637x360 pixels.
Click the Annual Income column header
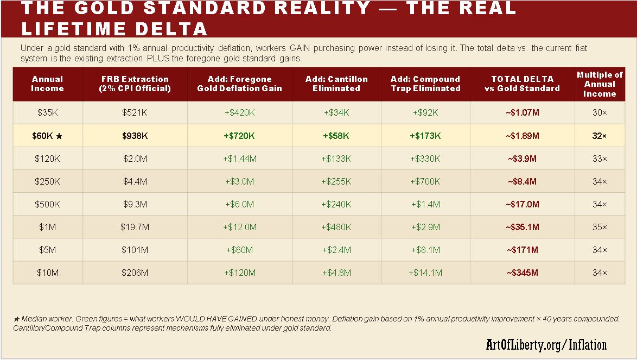click(47, 84)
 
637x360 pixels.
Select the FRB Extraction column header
click(135, 84)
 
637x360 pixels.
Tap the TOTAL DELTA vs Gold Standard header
click(522, 84)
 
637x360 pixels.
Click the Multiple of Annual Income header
click(600, 84)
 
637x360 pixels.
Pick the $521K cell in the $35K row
click(135, 112)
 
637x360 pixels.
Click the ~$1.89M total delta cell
click(522, 136)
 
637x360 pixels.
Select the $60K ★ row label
click(47, 136)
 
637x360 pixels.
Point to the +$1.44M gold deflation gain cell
click(239, 159)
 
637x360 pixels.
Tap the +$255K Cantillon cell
click(336, 181)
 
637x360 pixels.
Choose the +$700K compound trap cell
click(425, 181)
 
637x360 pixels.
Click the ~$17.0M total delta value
click(522, 204)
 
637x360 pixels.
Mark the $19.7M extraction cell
click(135, 227)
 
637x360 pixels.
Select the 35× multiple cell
click(600, 227)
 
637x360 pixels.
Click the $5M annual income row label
click(47, 250)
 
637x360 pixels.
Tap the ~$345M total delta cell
click(522, 273)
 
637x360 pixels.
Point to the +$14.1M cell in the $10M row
click(425, 273)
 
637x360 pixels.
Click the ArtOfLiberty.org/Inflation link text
click(546, 344)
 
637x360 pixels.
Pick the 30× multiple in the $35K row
click(600, 112)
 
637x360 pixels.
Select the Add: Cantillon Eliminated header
click(336, 84)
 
